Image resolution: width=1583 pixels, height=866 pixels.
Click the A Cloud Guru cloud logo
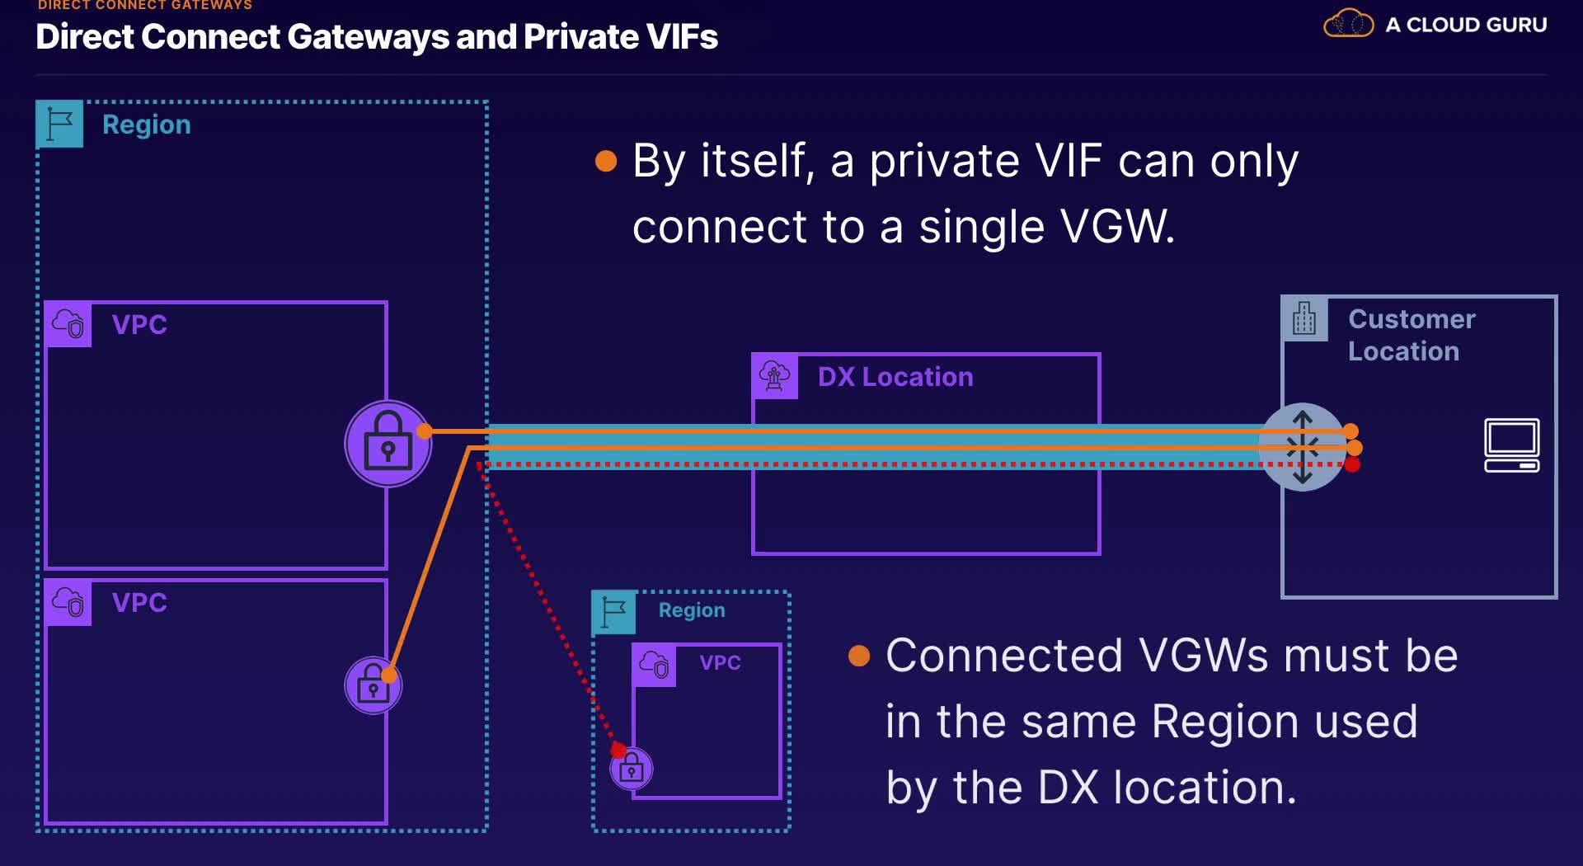[1348, 23]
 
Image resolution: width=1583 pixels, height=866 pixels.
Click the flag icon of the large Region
[59, 125]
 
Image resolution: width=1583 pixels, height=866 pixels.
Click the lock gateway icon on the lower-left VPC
[373, 685]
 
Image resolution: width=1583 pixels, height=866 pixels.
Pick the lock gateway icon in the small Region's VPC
[632, 770]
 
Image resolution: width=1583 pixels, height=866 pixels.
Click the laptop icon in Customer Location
[1511, 445]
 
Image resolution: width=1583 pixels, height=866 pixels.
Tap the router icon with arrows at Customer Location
[1303, 447]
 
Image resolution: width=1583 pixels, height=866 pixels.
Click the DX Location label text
[895, 377]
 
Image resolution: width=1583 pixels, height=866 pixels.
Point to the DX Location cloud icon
[775, 376]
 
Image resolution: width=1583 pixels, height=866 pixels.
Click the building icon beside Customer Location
[1304, 318]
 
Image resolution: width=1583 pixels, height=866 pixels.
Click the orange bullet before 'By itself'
[606, 161]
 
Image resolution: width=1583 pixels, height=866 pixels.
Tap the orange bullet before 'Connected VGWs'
[859, 656]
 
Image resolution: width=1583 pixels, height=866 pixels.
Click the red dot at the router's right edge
[1352, 465]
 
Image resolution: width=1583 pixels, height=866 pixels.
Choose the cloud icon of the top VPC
[68, 323]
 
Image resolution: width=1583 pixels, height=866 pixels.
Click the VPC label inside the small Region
[720, 662]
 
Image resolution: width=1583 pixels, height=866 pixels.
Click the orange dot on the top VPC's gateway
[425, 431]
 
